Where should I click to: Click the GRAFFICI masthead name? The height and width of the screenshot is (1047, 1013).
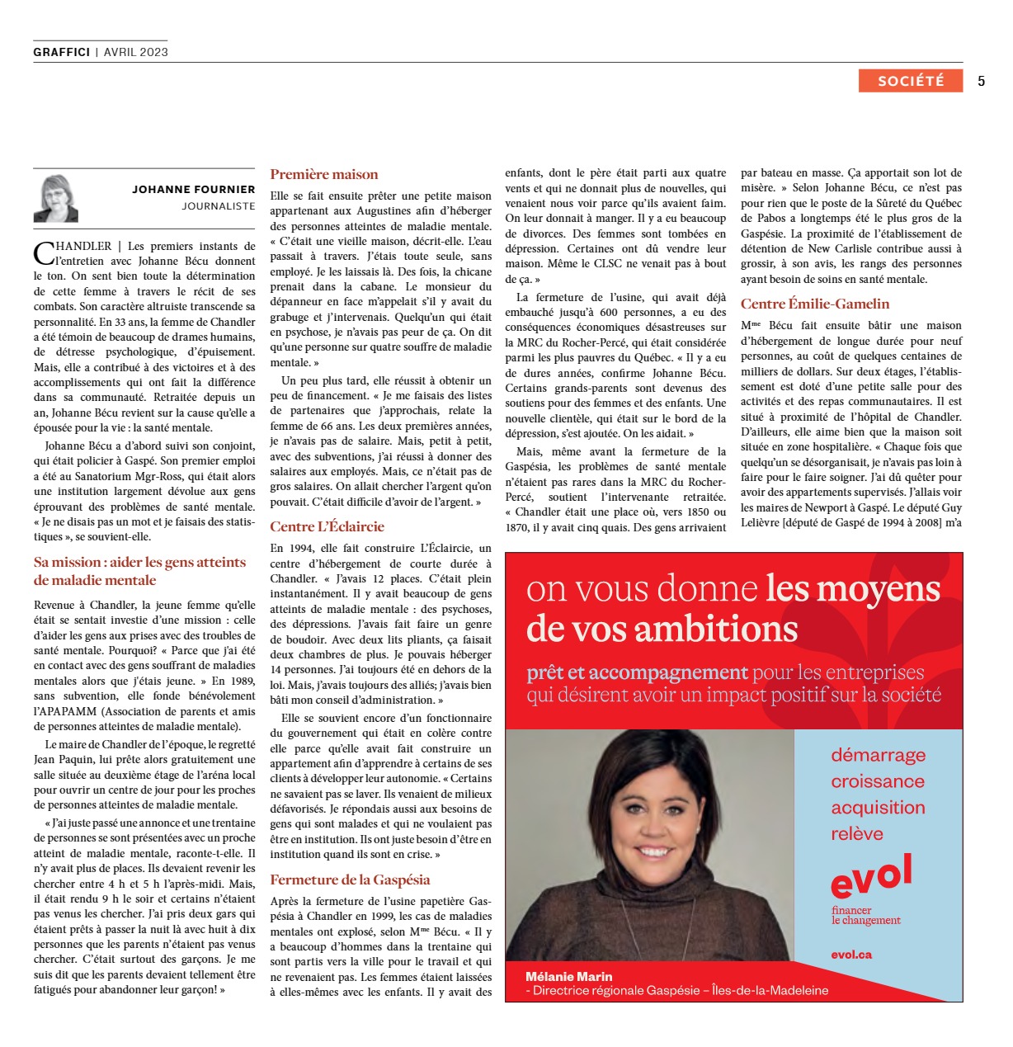click(62, 52)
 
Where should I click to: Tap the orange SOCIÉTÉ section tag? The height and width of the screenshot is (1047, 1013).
click(910, 81)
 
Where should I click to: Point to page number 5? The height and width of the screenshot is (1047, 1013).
click(981, 81)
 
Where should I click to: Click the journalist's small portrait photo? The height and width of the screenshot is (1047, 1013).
click(56, 199)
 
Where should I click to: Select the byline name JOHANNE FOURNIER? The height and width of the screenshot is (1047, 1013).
click(193, 190)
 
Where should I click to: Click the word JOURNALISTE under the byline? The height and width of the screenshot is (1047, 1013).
click(219, 206)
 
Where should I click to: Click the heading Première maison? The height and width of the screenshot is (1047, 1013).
click(324, 175)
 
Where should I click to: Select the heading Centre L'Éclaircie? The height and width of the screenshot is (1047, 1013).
click(327, 527)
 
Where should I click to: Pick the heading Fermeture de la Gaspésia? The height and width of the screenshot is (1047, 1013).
click(350, 880)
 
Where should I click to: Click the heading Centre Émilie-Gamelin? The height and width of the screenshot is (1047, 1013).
click(815, 304)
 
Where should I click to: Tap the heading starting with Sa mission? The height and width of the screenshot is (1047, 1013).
click(139, 571)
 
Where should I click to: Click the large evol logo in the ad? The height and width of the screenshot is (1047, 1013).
click(871, 876)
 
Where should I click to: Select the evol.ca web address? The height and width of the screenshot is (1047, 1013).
click(851, 955)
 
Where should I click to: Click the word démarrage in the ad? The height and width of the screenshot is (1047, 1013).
click(878, 755)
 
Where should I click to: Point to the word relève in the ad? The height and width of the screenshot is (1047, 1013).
click(856, 834)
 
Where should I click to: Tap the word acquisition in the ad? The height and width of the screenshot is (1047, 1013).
click(878, 808)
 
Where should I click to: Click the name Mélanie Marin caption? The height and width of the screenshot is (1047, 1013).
click(568, 977)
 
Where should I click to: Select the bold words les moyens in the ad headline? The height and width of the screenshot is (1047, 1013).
click(853, 589)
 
